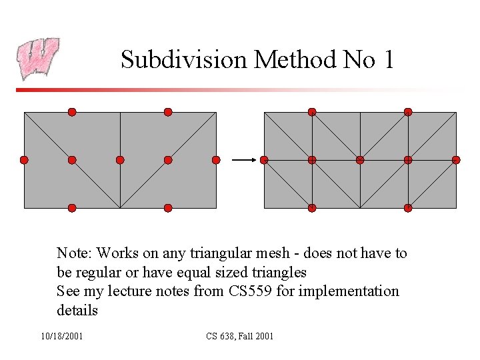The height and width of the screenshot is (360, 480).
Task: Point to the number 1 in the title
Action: (x=389, y=60)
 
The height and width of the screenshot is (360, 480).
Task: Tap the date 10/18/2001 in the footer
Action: (x=62, y=336)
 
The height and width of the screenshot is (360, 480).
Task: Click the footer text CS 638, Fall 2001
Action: (x=240, y=336)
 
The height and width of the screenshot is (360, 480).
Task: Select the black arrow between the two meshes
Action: (x=244, y=160)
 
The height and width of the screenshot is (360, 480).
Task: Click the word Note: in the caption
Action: (x=75, y=253)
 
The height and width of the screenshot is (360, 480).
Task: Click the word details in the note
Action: (x=77, y=311)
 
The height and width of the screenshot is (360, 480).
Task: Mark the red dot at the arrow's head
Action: (x=264, y=160)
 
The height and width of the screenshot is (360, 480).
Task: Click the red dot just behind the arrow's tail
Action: (x=216, y=160)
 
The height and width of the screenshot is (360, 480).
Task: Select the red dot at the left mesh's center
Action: (x=120, y=160)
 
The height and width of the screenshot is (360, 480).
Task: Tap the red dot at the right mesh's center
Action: (x=360, y=160)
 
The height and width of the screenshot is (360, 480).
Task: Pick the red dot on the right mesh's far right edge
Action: (x=456, y=160)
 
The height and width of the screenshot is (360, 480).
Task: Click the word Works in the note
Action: (x=117, y=253)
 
